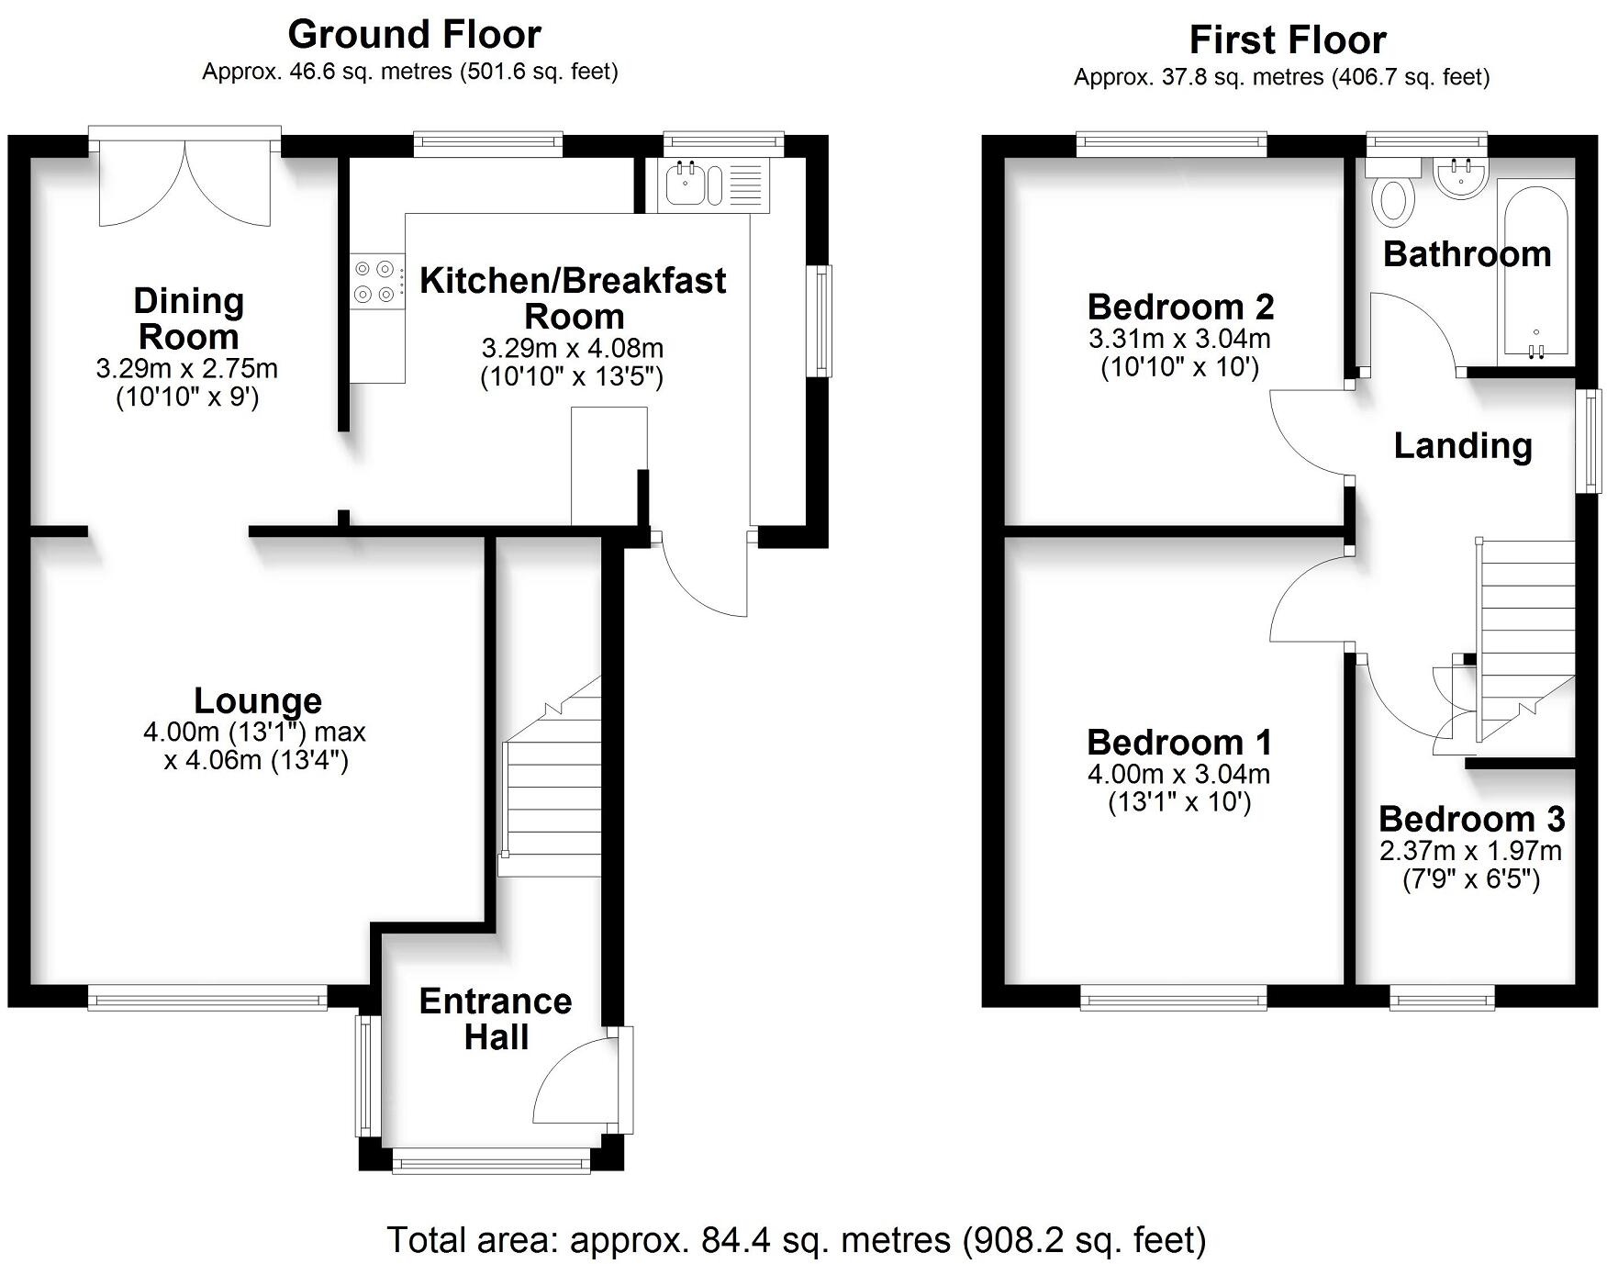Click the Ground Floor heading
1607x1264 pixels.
point(414,35)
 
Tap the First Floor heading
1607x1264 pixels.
point(1287,40)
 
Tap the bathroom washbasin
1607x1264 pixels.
point(1460,178)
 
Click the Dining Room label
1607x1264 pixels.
point(188,319)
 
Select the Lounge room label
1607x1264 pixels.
point(258,701)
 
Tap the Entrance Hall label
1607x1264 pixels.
point(496,1019)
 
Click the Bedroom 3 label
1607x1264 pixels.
point(1471,819)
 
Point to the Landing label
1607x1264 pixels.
point(1463,446)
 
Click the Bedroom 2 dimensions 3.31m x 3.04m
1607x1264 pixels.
point(1179,339)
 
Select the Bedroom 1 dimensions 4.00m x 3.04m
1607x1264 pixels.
point(1178,774)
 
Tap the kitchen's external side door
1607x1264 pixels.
point(702,574)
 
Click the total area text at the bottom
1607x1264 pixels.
point(796,1240)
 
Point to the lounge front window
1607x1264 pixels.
point(207,998)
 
